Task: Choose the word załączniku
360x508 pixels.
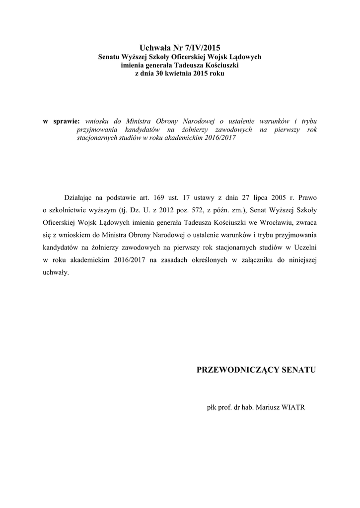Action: pos(255,260)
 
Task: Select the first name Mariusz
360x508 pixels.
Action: pos(266,408)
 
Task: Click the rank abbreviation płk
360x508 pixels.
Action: pos(212,408)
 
